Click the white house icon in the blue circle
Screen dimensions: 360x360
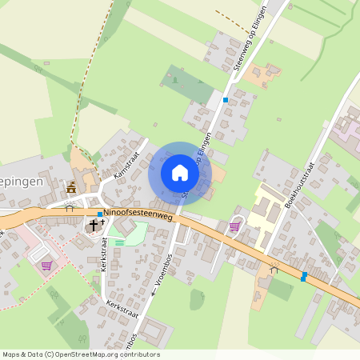tap(179, 172)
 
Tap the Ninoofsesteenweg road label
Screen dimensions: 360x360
tap(138, 213)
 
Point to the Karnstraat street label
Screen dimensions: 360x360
tap(126, 165)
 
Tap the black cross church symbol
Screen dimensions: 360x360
tap(93, 226)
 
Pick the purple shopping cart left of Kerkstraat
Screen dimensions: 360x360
tap(47, 266)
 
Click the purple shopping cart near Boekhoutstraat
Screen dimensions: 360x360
tap(234, 226)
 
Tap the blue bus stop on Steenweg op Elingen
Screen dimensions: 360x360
tap(226, 100)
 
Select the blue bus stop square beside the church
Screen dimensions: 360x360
tap(99, 214)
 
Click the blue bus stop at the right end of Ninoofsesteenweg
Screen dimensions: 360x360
tap(303, 276)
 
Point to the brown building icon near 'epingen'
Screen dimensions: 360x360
tap(72, 188)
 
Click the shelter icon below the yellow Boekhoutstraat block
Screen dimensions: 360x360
tap(274, 270)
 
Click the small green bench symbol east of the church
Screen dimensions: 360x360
tap(119, 242)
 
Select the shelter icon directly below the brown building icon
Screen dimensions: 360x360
tap(71, 205)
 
